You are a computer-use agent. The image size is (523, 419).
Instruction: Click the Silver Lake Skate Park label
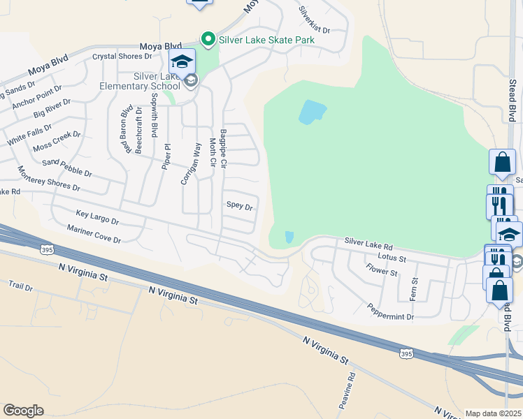(x=266, y=40)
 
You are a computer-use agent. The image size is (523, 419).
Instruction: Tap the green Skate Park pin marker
(x=208, y=39)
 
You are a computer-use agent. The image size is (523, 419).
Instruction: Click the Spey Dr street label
(x=238, y=206)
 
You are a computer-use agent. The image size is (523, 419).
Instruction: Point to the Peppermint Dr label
(x=391, y=311)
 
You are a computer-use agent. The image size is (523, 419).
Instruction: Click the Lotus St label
(x=391, y=257)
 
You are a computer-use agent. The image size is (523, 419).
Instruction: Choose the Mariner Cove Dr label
(x=94, y=234)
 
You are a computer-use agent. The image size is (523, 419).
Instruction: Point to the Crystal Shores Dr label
(x=122, y=56)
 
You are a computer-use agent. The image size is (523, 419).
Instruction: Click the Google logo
(x=23, y=411)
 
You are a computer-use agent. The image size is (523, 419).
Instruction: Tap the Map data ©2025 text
(x=492, y=413)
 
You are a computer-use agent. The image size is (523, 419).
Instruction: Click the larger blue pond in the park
(x=313, y=112)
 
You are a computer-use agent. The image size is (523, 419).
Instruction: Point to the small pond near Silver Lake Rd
(x=289, y=237)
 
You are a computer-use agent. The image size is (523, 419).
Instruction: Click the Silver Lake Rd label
(x=368, y=244)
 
